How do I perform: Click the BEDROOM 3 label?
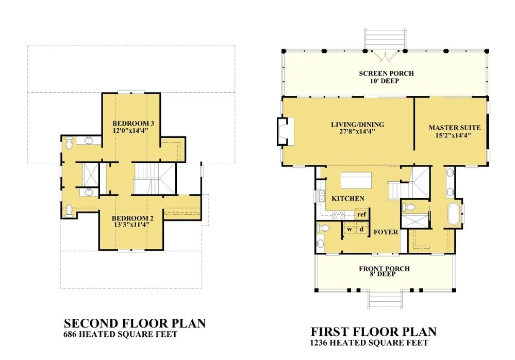coord(133,124)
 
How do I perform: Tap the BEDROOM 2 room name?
coord(132,218)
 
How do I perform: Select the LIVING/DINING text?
coord(357,125)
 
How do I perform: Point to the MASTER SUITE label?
coord(455,128)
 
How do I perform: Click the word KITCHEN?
coord(348,199)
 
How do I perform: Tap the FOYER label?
coord(386,232)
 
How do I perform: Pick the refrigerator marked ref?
coord(361,214)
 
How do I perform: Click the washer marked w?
coord(350,229)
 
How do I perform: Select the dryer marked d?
coord(361,229)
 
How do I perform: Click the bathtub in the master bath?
coord(454,214)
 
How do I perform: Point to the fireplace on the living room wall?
coord(285,131)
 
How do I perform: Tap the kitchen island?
coord(356,180)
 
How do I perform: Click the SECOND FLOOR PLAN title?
coord(135,323)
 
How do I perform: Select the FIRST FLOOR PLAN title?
coord(374,332)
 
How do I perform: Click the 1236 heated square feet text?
coord(369,343)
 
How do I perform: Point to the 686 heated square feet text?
coord(121,334)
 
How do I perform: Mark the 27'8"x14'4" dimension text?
coord(357,132)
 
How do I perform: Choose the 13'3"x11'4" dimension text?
coord(131,225)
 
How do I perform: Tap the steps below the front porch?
coord(385,300)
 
